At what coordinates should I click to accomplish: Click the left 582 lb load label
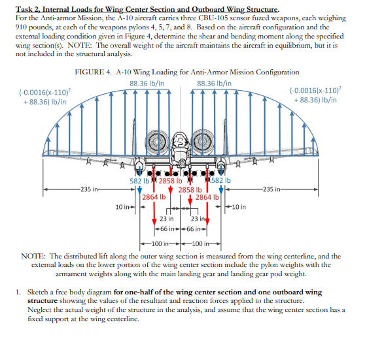point(139,180)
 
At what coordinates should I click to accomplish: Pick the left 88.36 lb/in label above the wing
point(147,84)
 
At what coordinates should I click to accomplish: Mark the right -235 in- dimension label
point(275,189)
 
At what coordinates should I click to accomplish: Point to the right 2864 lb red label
point(206,196)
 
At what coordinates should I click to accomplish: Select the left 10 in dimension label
point(122,207)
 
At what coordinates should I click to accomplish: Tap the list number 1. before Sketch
point(20,292)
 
